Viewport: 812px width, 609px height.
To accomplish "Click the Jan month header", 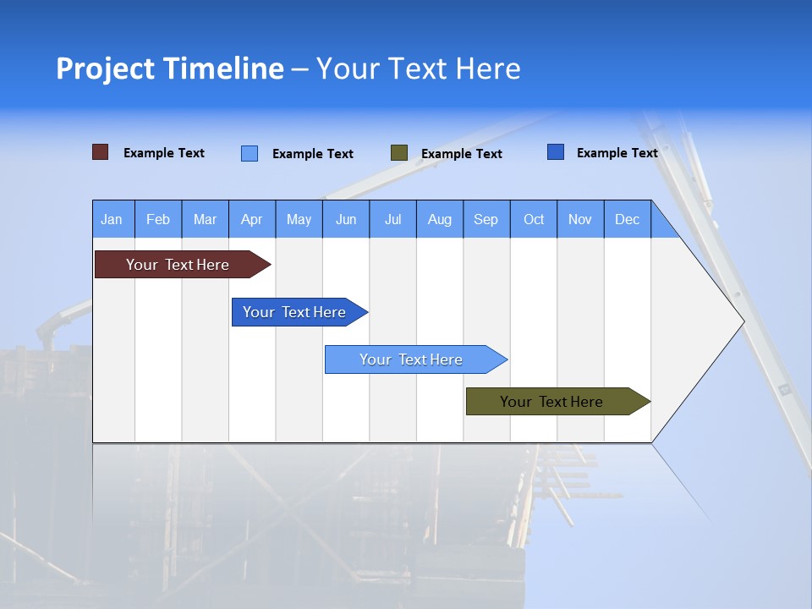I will [112, 219].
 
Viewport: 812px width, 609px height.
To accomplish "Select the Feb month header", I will [158, 219].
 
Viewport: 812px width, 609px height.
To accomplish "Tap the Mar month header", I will [205, 219].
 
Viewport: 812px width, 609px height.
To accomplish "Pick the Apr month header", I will [252, 219].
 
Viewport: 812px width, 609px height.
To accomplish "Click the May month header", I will [299, 219].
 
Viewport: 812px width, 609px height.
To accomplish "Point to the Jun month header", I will [346, 219].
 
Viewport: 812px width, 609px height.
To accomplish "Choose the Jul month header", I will [392, 219].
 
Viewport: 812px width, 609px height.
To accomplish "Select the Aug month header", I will [440, 219].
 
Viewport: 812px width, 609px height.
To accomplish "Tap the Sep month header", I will [486, 219].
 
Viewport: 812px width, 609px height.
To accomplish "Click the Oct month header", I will [534, 219].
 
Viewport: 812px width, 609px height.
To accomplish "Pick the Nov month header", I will [580, 219].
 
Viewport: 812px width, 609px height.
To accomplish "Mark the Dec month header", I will [628, 219].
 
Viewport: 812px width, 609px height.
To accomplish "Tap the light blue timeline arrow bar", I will [412, 359].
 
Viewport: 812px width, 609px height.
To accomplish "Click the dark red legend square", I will [101, 152].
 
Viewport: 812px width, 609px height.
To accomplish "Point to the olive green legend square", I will [399, 152].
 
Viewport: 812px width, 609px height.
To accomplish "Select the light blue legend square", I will [250, 153].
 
